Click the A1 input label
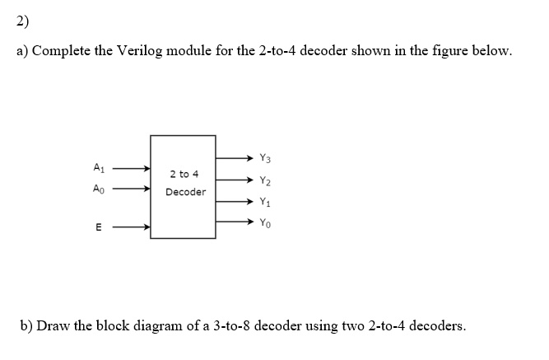point(99,167)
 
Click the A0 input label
point(99,189)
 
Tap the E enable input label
point(99,227)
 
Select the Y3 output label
point(265,158)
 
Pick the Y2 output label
point(265,180)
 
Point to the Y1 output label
point(265,202)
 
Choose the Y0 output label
point(265,223)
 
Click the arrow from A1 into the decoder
point(132,169)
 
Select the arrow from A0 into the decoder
point(132,189)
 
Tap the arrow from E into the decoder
point(132,227)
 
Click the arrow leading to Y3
point(235,158)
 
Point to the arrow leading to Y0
point(235,222)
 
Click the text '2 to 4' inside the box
point(184,174)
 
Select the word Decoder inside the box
point(185,192)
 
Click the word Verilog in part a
point(140,51)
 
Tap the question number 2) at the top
point(22,21)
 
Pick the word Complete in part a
point(61,51)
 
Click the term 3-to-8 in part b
point(231,326)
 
